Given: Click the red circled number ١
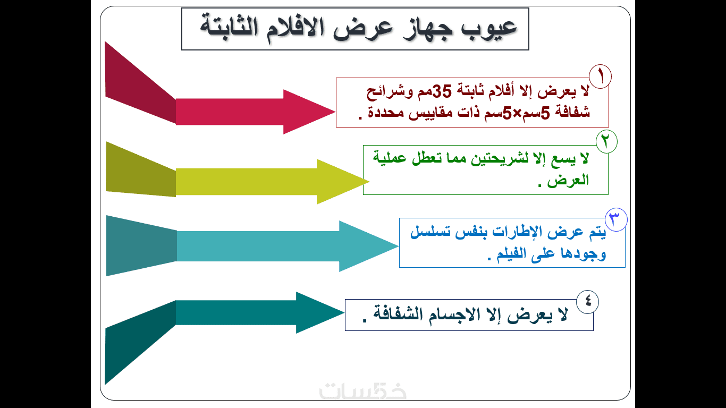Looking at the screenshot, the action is coord(600,76).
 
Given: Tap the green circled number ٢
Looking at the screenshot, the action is coord(606,142).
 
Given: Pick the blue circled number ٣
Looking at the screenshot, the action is coord(616,219).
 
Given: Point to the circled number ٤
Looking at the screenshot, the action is coord(588,302).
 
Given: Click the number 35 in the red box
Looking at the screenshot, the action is coord(442,91).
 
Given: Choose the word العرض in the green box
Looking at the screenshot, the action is coord(568,180).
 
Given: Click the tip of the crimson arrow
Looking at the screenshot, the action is coord(335,112).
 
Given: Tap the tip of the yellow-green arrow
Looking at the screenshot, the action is coord(369,182).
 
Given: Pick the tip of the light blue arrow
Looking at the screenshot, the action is coord(398,246).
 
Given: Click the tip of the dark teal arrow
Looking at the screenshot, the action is coord(344,312).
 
